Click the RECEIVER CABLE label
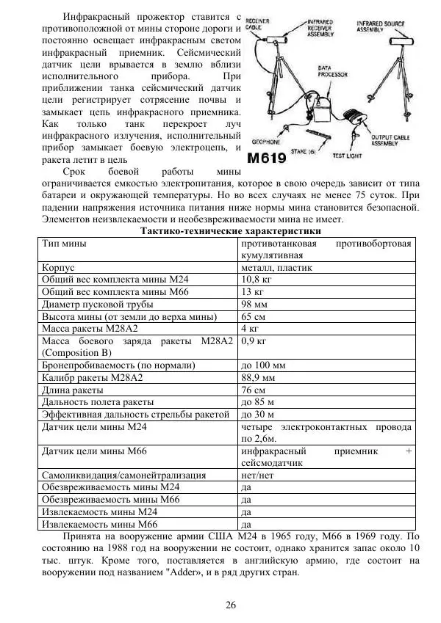coord(257,24)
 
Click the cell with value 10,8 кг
coord(257,280)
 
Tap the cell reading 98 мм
coord(254,304)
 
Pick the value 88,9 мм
coord(259,376)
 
